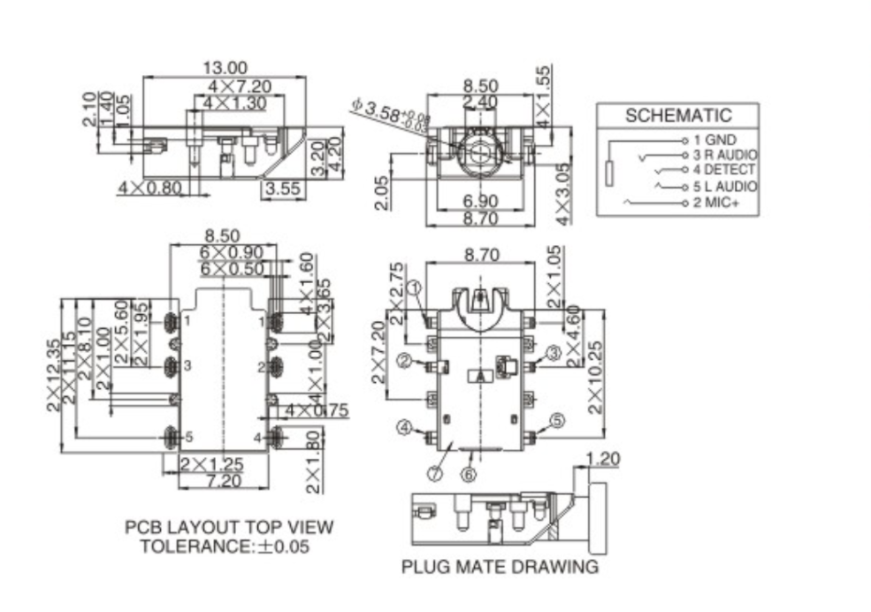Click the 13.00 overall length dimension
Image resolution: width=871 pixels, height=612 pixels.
pos(225,68)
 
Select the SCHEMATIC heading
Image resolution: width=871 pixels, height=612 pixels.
pos(678,115)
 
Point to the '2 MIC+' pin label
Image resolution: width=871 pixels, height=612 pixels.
pos(717,203)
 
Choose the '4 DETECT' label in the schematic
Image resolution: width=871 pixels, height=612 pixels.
pos(724,170)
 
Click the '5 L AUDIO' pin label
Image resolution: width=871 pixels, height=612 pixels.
pos(725,187)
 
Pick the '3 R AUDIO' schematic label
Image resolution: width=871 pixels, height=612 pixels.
pos(725,155)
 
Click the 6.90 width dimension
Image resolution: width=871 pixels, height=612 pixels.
pos(480,201)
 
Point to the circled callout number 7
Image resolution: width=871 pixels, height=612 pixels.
pos(434,473)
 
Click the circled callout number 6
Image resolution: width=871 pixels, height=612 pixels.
pos(469,475)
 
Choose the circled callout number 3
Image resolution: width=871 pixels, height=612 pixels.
pos(554,353)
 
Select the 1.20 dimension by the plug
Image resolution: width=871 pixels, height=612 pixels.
pos(604,458)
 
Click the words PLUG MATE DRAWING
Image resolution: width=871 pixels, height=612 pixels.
pos(500,566)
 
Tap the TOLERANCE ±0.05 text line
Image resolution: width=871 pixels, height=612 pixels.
pos(225,547)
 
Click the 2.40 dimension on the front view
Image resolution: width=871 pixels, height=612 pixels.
pos(480,103)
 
